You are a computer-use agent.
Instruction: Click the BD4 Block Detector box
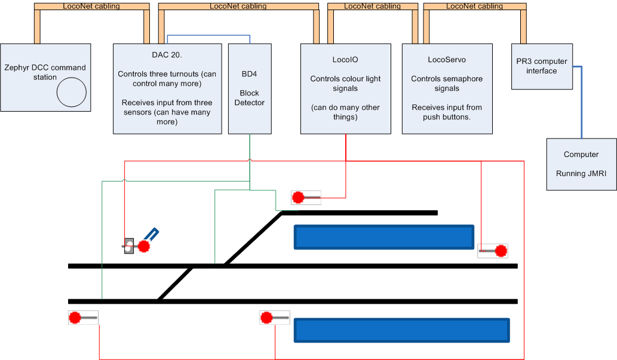pos(250,88)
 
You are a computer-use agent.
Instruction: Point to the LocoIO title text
pos(345,60)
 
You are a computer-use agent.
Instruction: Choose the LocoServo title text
pos(447,60)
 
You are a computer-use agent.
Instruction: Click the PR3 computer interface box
pos(542,66)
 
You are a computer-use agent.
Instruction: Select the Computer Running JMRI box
pos(581,164)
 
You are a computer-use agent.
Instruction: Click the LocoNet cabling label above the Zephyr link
pos(91,7)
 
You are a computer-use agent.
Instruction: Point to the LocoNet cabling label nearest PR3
pos(474,7)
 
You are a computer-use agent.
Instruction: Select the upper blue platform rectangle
pos(384,237)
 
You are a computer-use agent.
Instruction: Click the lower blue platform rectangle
pos(401,330)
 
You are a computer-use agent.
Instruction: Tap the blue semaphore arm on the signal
pos(152,233)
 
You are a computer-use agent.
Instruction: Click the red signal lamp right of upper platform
pos(501,251)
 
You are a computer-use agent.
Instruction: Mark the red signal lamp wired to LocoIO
pos(298,197)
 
